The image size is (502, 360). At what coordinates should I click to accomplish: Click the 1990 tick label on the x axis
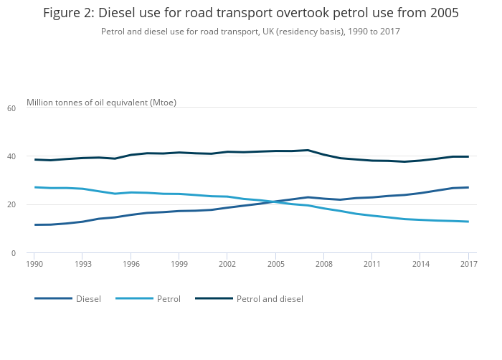click(34, 264)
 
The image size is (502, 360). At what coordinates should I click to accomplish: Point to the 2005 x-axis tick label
click(276, 264)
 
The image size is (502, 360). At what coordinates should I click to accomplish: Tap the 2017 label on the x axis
click(468, 264)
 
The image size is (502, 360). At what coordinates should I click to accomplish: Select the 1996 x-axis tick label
click(131, 264)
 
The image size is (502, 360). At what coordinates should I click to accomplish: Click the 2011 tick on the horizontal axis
click(371, 264)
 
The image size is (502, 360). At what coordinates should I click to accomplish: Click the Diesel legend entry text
click(88, 298)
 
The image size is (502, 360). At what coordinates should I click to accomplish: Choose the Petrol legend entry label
click(169, 298)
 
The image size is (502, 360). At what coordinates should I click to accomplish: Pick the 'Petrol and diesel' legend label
click(270, 298)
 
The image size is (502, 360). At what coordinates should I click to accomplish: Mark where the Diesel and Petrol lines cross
click(276, 202)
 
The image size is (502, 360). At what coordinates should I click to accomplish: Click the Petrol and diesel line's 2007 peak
click(308, 150)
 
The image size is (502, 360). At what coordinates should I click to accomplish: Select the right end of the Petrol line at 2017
click(468, 222)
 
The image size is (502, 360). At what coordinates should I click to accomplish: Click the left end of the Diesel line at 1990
click(34, 224)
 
